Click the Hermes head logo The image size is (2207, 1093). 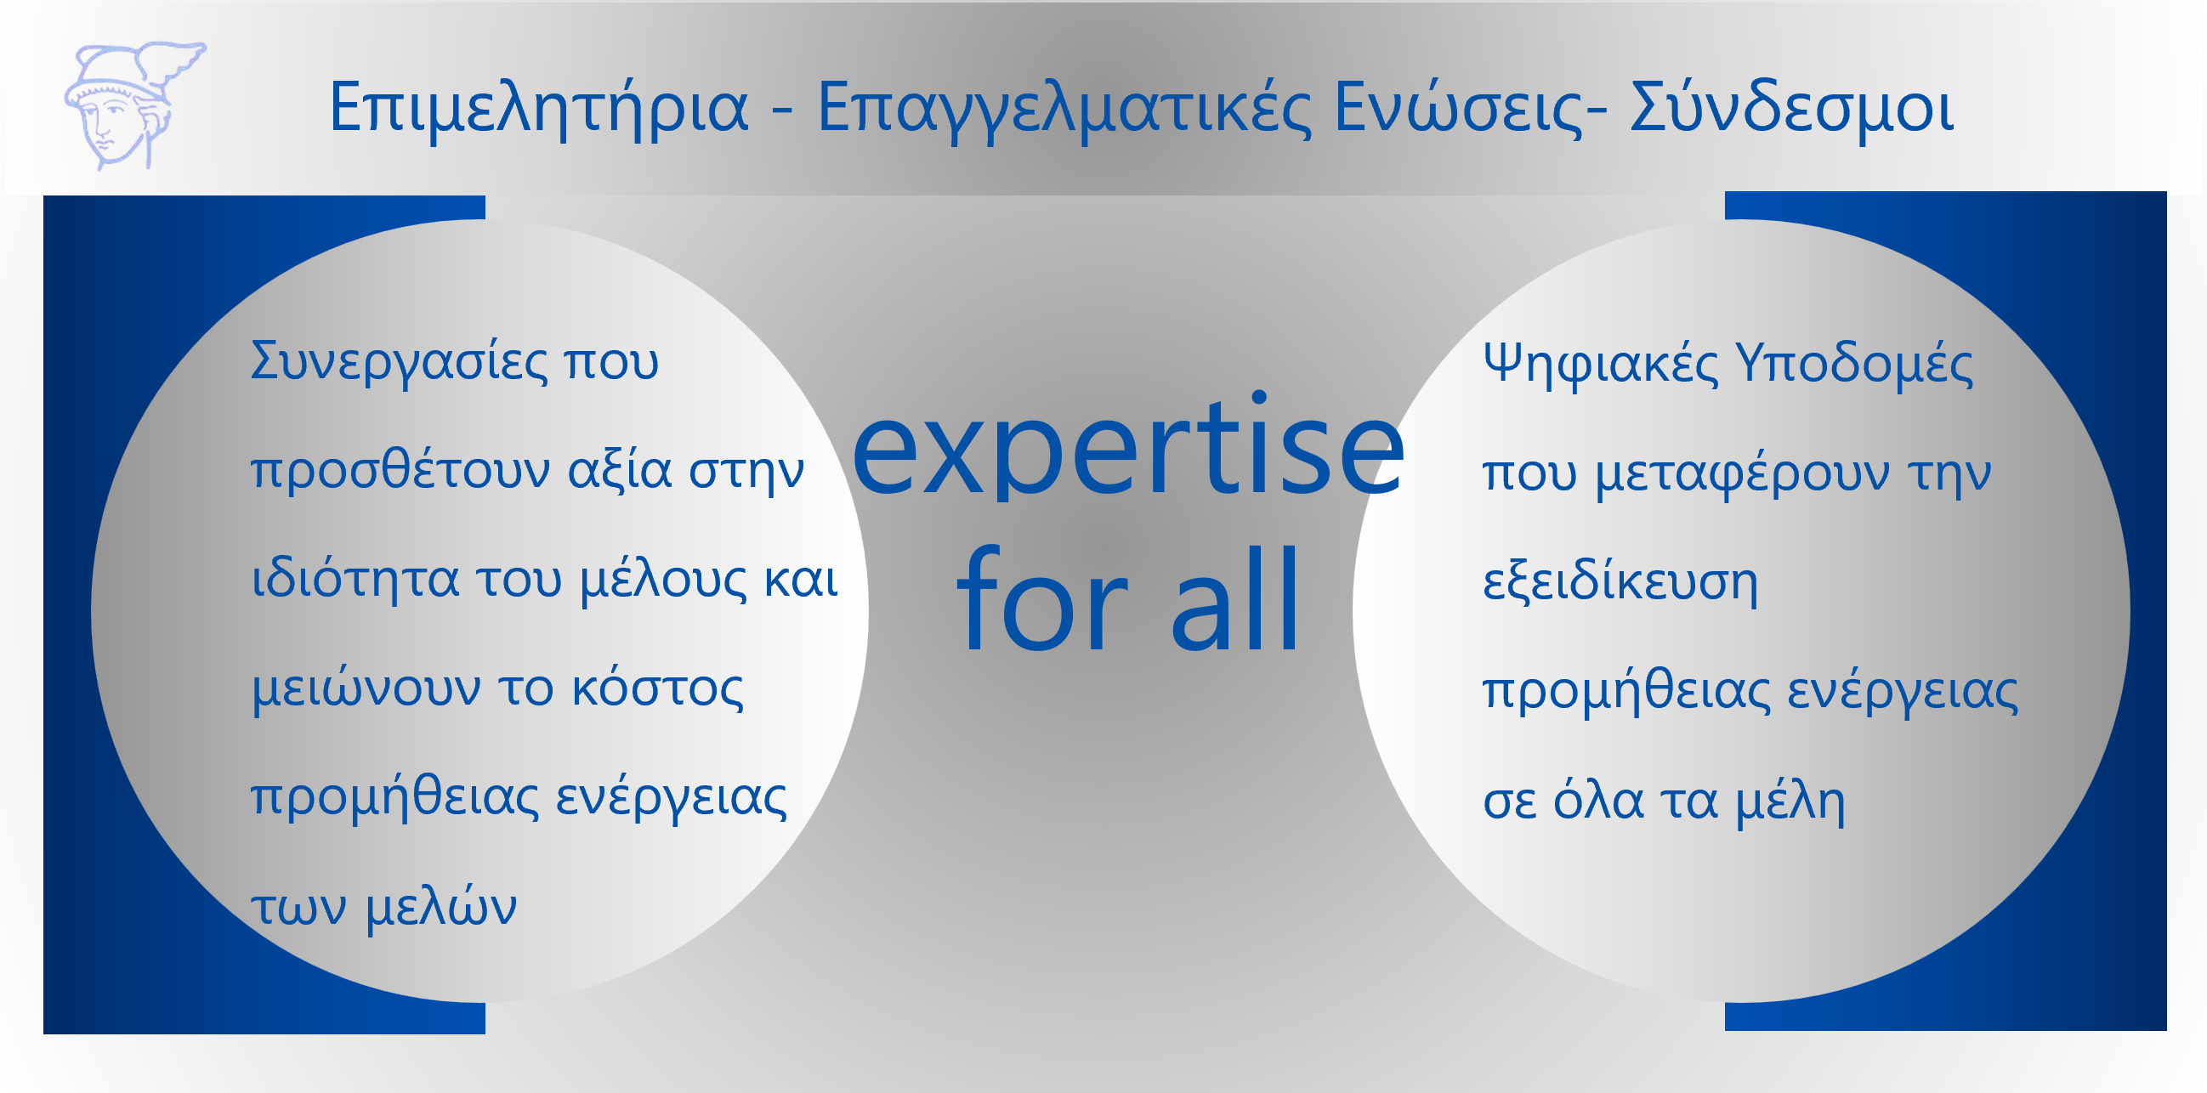click(x=134, y=105)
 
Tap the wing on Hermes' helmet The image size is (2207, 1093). click(x=176, y=60)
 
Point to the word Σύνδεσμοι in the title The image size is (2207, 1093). click(x=1791, y=108)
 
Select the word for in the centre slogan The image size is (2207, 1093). click(x=1041, y=598)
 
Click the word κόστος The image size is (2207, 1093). click(x=657, y=688)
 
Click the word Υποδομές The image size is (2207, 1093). click(x=1854, y=364)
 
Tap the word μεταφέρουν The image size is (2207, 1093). click(x=1742, y=473)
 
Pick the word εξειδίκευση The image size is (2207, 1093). click(x=1620, y=581)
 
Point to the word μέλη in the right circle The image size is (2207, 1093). click(x=1790, y=801)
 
